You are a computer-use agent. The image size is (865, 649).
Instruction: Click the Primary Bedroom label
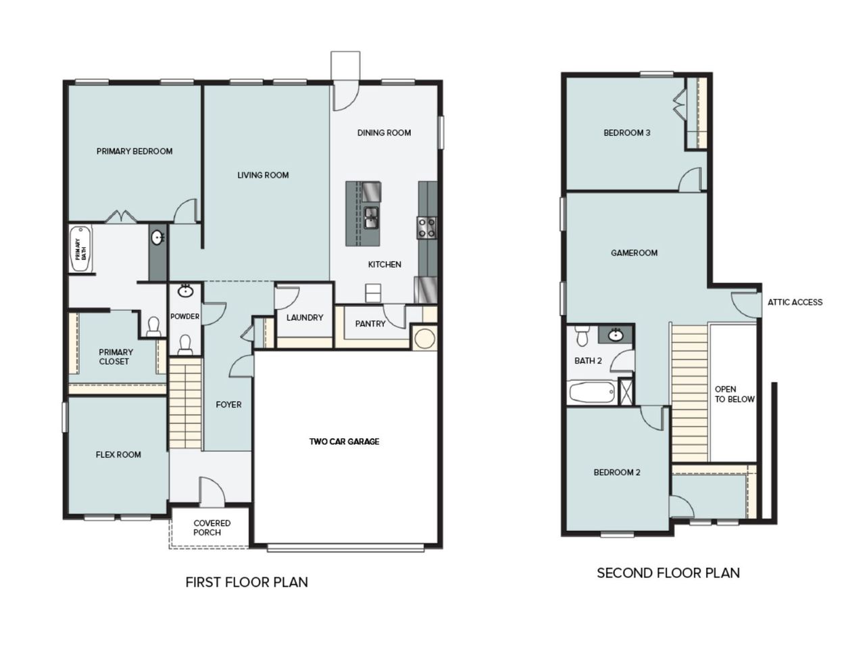[x=134, y=151]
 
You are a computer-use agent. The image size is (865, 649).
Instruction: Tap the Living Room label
[x=263, y=175]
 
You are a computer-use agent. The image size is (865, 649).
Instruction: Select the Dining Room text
[x=384, y=133]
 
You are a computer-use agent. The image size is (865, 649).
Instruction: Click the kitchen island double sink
[x=371, y=217]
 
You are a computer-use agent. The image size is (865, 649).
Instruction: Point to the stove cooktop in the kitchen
[x=426, y=227]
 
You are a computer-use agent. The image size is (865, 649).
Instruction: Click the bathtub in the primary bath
[x=80, y=249]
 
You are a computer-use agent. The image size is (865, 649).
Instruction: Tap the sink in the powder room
[x=185, y=291]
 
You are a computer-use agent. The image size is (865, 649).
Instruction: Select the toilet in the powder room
[x=185, y=345]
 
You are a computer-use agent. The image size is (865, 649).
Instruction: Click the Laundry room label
[x=304, y=317]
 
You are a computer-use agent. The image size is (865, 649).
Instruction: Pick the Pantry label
[x=370, y=324]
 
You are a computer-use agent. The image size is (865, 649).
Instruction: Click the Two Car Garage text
[x=344, y=441]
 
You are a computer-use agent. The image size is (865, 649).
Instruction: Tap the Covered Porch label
[x=212, y=527]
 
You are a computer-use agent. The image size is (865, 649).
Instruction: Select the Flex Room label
[x=118, y=454]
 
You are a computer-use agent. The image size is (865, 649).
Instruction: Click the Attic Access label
[x=795, y=302]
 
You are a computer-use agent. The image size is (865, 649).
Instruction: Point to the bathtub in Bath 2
[x=592, y=392]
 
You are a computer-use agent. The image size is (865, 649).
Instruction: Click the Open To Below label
[x=734, y=394]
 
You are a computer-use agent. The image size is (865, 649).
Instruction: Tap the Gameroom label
[x=634, y=253]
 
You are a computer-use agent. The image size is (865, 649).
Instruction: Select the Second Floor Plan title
[x=668, y=573]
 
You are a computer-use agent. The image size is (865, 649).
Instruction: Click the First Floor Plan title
[x=247, y=582]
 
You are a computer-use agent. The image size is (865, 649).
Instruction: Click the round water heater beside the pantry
[x=424, y=338]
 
